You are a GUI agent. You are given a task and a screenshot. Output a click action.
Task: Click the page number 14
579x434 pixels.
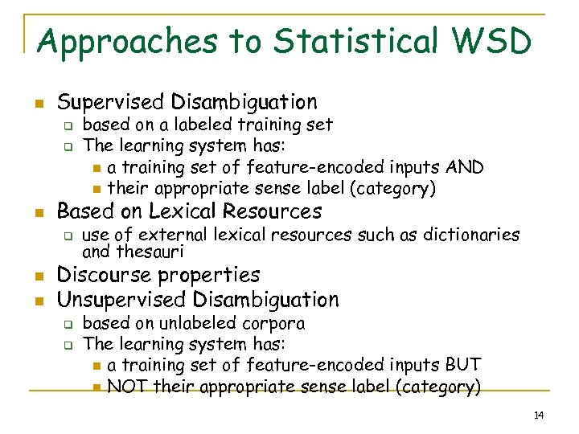pos(539,415)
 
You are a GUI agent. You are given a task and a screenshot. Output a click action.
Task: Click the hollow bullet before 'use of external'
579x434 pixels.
pos(69,236)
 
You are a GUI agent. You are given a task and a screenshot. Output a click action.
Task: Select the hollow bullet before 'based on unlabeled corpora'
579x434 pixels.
pos(69,325)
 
